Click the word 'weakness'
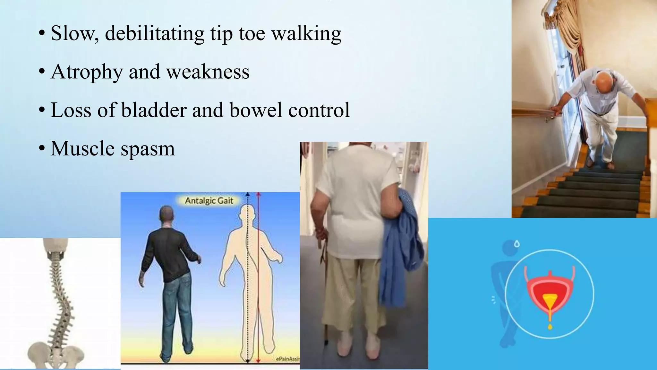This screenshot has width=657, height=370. click(x=208, y=72)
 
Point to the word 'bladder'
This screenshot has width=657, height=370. click(x=154, y=110)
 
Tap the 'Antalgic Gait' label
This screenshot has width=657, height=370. click(x=209, y=201)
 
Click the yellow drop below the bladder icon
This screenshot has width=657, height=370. click(x=550, y=327)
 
